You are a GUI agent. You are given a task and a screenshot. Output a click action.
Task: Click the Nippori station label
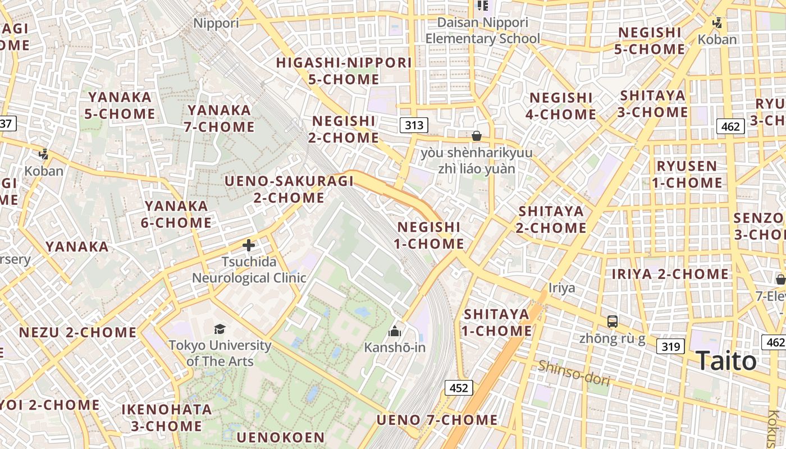pyautogui.click(x=216, y=23)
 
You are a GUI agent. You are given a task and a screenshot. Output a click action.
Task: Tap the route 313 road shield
pyautogui.click(x=414, y=125)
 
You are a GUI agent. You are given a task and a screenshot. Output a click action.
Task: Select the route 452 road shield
pyautogui.click(x=459, y=387)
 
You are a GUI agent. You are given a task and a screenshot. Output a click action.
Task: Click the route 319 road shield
pyautogui.click(x=670, y=346)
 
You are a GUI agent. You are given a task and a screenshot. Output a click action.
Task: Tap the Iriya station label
pyautogui.click(x=562, y=288)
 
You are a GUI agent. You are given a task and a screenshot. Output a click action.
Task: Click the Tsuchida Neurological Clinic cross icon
pyautogui.click(x=249, y=245)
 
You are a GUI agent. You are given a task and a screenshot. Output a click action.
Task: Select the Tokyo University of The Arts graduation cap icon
pyautogui.click(x=220, y=329)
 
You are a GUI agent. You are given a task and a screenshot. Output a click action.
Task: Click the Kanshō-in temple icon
pyautogui.click(x=395, y=331)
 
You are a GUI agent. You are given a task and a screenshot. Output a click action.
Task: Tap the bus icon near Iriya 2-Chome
pyautogui.click(x=612, y=322)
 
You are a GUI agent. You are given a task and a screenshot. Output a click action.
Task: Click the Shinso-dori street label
pyautogui.click(x=574, y=373)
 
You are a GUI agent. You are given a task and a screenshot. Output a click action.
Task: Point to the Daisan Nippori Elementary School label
pyautogui.click(x=483, y=31)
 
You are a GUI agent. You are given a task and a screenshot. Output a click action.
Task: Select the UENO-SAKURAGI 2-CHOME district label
pyautogui.click(x=289, y=189)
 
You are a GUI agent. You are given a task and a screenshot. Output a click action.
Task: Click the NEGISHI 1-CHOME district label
pyautogui.click(x=430, y=235)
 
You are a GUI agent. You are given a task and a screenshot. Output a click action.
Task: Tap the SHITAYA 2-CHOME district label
pyautogui.click(x=552, y=219)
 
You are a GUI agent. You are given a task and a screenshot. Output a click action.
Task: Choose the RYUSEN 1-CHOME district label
pyautogui.click(x=687, y=174)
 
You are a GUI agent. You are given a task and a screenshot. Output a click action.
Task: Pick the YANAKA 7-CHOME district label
pyautogui.click(x=219, y=118)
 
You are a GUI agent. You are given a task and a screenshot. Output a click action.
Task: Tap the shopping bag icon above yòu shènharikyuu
pyautogui.click(x=477, y=136)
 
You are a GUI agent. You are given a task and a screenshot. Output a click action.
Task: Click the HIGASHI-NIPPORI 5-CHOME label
pyautogui.click(x=344, y=71)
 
